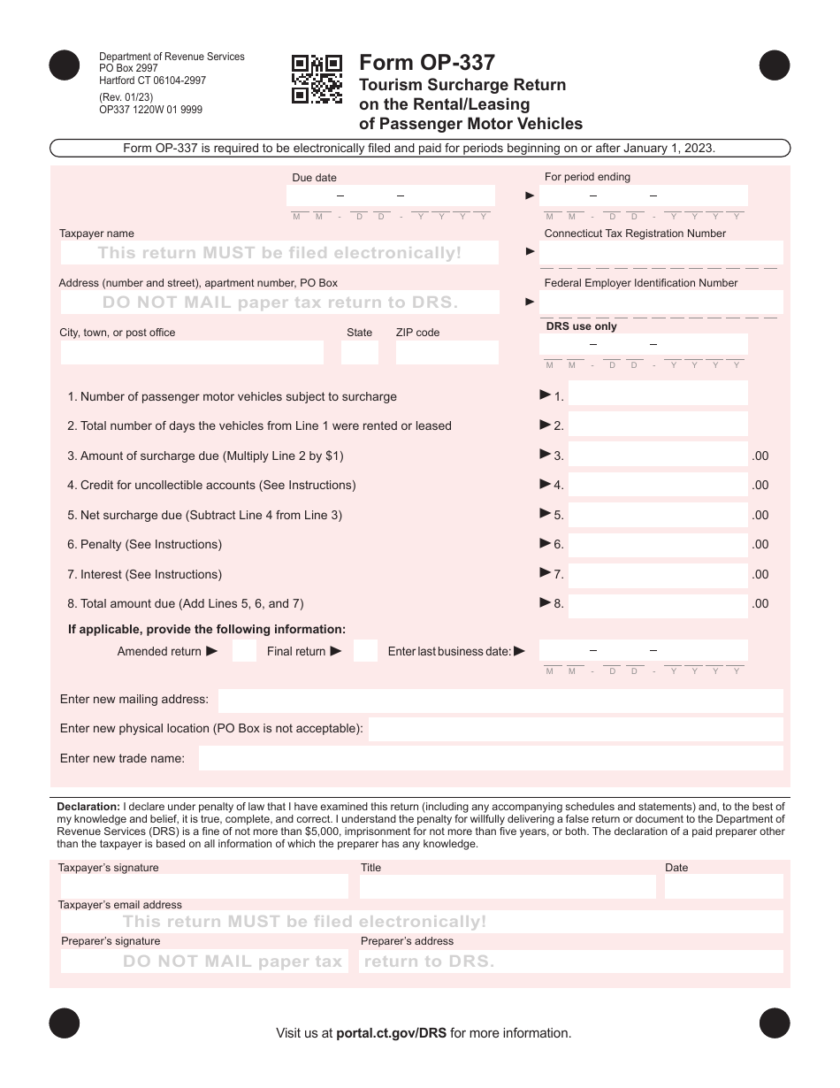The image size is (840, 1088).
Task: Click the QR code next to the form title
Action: [x=317, y=80]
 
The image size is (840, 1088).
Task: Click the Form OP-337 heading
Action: [x=427, y=63]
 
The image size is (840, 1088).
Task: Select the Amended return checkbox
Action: [x=244, y=652]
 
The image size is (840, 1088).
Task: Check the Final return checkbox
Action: [x=365, y=652]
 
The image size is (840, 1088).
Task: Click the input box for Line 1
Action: [x=658, y=394]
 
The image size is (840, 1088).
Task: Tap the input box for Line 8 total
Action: [x=658, y=605]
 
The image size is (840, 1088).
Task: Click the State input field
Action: [x=359, y=353]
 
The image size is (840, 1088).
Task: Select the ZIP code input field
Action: [x=447, y=353]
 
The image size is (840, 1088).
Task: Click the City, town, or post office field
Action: [x=192, y=353]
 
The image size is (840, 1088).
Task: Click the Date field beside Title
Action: [x=723, y=886]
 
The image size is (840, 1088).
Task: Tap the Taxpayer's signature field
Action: [x=204, y=886]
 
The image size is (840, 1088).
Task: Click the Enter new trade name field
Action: [x=491, y=758]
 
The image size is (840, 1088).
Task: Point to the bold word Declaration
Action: [x=88, y=807]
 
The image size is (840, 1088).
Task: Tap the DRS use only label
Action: [x=581, y=326]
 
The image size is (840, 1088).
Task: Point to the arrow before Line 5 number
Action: [x=545, y=513]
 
